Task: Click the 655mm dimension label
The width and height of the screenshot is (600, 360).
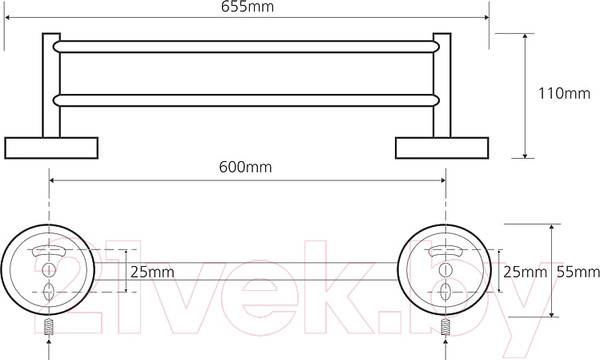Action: click(248, 7)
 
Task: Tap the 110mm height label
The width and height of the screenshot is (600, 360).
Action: click(564, 93)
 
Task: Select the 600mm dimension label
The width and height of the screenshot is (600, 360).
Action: click(245, 167)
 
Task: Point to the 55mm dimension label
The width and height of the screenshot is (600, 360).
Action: click(578, 272)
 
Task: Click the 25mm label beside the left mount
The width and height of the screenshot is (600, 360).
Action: click(152, 272)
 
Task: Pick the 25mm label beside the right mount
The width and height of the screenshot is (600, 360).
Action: click(525, 272)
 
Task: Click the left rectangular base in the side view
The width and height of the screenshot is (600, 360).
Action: click(51, 148)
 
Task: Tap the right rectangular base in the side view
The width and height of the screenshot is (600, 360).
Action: click(442, 148)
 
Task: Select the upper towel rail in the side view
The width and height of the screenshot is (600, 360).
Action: click(246, 47)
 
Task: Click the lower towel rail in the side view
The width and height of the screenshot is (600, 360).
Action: click(246, 101)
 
